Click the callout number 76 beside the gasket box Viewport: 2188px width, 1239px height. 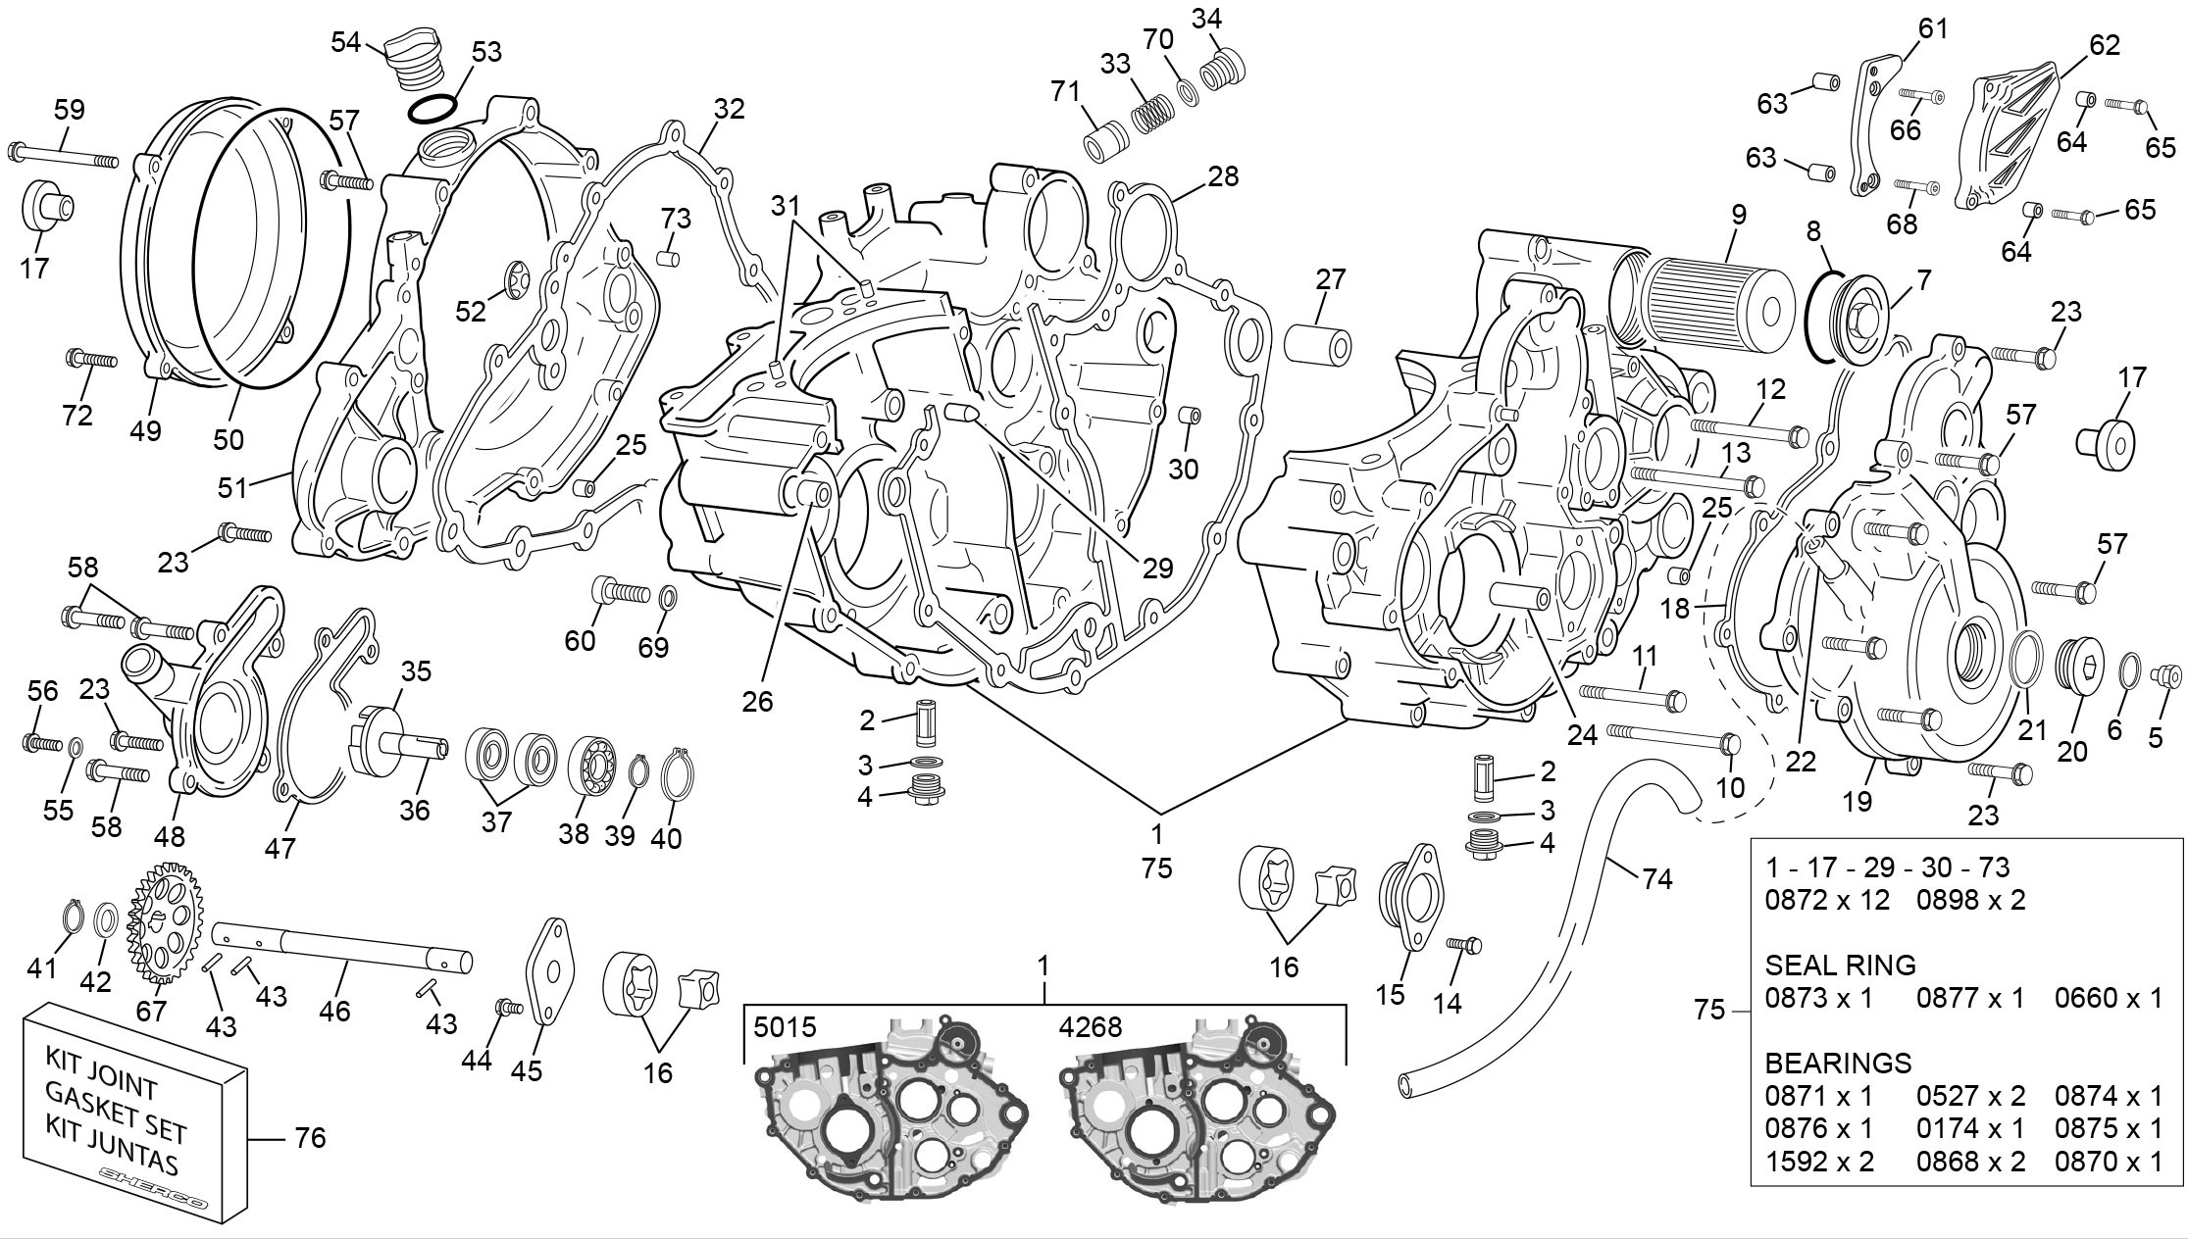[310, 1138]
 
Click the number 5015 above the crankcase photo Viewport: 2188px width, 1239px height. [785, 1027]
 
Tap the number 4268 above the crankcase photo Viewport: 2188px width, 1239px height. [1091, 1027]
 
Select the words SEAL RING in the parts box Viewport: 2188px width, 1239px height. [1840, 966]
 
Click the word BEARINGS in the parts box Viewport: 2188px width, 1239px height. [1838, 1064]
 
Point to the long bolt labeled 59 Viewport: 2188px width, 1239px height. [65, 157]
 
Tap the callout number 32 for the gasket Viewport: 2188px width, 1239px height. [729, 109]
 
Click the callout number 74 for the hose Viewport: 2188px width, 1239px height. [1656, 880]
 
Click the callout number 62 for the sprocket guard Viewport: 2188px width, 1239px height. [2105, 45]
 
